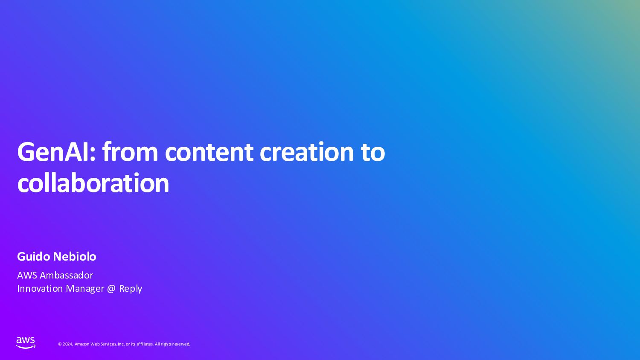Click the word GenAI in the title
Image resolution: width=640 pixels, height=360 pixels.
tap(56, 152)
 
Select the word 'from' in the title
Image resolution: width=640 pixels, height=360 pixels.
tap(130, 152)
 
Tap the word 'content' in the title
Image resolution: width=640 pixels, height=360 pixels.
tap(209, 152)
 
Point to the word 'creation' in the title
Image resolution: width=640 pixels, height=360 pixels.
tap(307, 152)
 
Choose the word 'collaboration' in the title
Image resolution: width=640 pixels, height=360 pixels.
tap(93, 183)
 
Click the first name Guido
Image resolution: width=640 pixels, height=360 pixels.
tap(34, 256)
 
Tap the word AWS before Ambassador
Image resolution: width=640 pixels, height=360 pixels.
tap(27, 276)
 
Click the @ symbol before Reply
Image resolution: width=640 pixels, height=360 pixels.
tap(111, 289)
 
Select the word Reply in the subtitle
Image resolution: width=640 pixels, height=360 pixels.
tap(130, 289)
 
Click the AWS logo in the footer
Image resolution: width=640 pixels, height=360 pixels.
tap(26, 343)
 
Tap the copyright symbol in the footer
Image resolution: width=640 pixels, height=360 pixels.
tap(60, 344)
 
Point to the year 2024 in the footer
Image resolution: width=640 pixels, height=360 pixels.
tap(68, 344)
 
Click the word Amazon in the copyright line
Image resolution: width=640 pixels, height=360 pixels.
tap(82, 344)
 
